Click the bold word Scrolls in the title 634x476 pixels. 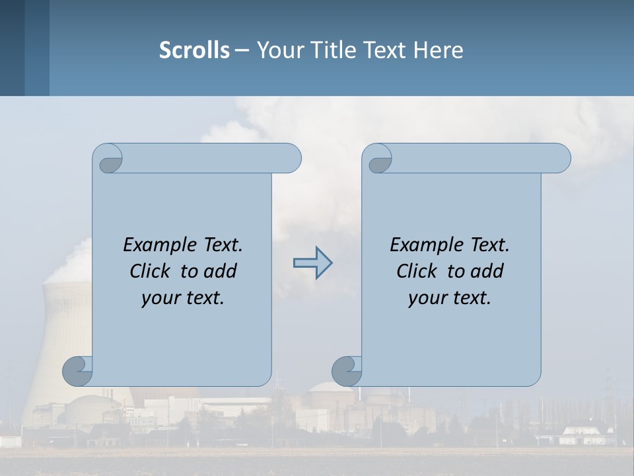pos(194,50)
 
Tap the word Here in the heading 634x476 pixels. pos(439,50)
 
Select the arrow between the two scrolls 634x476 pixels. pos(312,263)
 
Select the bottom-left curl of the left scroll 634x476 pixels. pos(77,371)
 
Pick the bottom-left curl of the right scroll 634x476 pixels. pos(347,371)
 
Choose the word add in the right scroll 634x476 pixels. pos(485,271)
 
